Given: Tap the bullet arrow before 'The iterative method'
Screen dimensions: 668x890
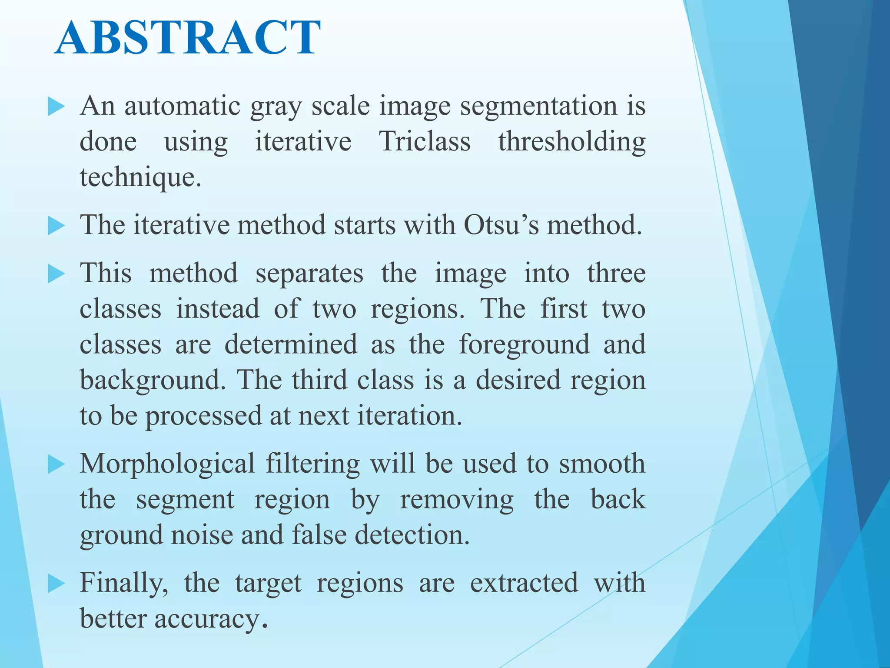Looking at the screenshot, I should (x=56, y=226).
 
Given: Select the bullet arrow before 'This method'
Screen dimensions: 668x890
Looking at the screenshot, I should (x=56, y=274).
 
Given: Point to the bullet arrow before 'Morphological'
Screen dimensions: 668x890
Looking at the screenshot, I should (x=56, y=464).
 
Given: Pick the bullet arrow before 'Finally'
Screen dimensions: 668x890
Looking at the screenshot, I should (x=56, y=584).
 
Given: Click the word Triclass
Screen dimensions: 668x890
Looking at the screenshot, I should (x=425, y=141).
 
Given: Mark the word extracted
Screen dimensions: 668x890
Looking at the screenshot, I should (x=524, y=583).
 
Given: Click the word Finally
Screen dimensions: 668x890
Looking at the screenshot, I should (x=124, y=584).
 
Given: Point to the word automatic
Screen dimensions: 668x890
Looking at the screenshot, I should (x=183, y=106).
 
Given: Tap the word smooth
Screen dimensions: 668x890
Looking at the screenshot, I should (x=602, y=464).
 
